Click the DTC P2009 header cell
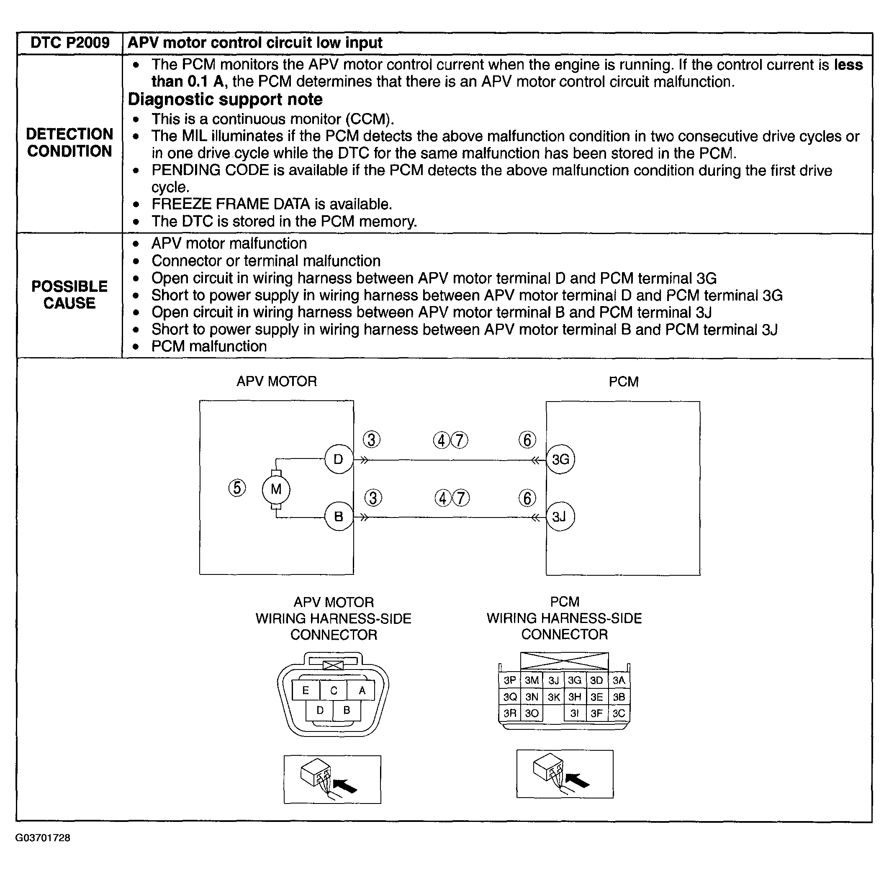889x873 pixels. (69, 43)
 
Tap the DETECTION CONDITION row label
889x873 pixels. (69, 143)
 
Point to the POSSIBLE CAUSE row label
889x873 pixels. (69, 294)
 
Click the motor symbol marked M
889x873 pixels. (276, 489)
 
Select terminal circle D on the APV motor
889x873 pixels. (339, 459)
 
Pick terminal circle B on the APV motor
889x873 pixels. (339, 517)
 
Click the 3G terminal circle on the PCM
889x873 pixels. (560, 459)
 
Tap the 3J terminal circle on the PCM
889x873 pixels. (560, 517)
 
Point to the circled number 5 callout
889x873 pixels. (237, 487)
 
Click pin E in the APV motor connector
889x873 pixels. (306, 690)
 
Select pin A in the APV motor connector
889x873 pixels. (362, 690)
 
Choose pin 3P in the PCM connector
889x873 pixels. (509, 680)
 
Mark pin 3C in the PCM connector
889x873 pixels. (619, 713)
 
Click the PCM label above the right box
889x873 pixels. (623, 382)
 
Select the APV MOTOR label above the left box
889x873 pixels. (276, 381)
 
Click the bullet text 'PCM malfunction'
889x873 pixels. (209, 346)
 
